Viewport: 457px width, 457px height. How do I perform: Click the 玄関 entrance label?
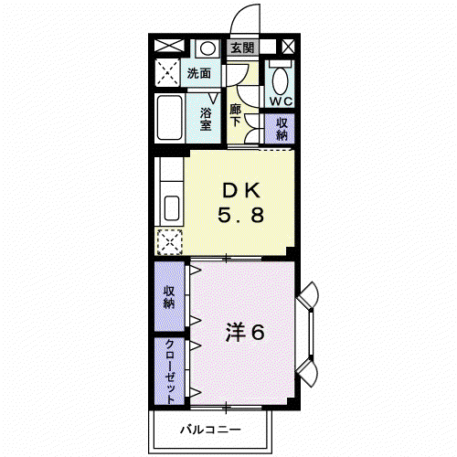click(x=242, y=48)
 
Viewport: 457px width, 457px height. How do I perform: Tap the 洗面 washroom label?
click(x=199, y=73)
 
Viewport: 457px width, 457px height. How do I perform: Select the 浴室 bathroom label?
click(x=206, y=119)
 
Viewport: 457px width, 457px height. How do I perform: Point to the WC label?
click(x=281, y=101)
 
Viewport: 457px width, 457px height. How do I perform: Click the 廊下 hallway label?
click(x=236, y=115)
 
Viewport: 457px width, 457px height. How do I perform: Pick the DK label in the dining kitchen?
click(x=241, y=191)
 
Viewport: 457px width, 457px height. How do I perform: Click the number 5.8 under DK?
click(x=240, y=215)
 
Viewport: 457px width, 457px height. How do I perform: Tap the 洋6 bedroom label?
click(x=245, y=332)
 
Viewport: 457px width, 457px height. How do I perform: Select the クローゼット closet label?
click(x=170, y=371)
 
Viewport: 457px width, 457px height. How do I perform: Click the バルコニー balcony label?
click(x=211, y=430)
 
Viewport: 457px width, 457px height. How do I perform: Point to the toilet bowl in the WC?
click(x=280, y=80)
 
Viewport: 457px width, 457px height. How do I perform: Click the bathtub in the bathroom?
click(x=169, y=118)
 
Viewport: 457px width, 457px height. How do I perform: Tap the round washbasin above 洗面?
click(x=207, y=48)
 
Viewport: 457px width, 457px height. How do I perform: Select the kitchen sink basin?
click(x=172, y=207)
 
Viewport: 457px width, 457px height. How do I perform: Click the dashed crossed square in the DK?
click(x=170, y=242)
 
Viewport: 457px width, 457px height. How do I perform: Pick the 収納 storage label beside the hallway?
click(x=282, y=129)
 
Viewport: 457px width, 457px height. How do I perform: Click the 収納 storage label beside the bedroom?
click(x=169, y=297)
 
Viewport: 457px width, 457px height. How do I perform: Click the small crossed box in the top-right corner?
click(x=288, y=47)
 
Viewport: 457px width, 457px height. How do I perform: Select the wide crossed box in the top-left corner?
click(x=169, y=46)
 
